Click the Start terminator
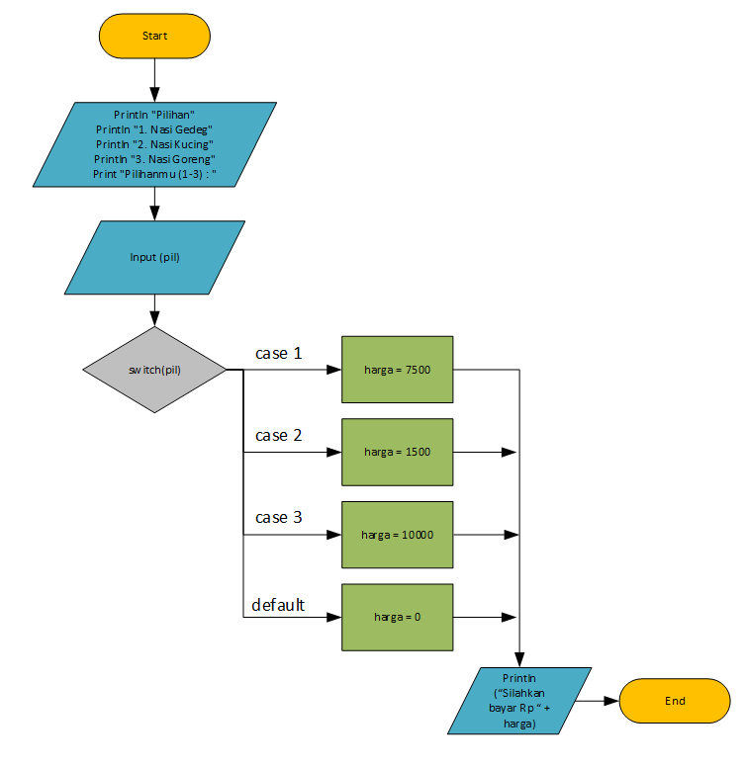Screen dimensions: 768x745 click(154, 36)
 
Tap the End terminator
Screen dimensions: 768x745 click(675, 701)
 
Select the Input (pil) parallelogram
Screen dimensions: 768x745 click(154, 257)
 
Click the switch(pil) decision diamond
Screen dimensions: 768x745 click(154, 370)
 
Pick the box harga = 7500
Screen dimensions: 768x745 click(397, 370)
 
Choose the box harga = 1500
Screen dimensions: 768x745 click(397, 452)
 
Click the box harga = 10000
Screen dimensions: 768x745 click(397, 535)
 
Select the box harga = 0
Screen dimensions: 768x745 click(397, 617)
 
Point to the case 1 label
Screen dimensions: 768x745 click(278, 353)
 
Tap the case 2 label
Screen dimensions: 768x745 click(278, 435)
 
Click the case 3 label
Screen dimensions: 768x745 click(278, 517)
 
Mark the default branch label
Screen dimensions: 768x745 click(278, 605)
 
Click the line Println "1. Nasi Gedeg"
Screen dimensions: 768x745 click(154, 129)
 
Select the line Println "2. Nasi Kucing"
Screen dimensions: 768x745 click(154, 144)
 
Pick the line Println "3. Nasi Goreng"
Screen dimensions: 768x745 click(154, 159)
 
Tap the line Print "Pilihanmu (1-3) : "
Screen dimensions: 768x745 click(154, 174)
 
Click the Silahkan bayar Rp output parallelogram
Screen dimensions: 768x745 click(519, 701)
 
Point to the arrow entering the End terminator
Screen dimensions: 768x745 click(599, 701)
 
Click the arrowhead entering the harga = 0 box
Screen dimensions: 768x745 click(333, 618)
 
